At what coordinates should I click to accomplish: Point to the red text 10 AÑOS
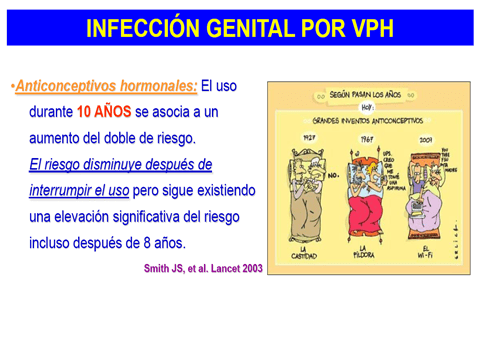[x=104, y=112]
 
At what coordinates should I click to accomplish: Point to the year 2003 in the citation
[x=251, y=269]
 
